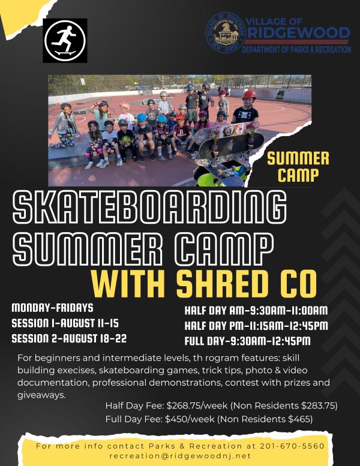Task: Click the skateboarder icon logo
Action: click(65, 41)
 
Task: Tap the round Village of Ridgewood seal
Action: click(226, 33)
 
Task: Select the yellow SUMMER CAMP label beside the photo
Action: click(298, 167)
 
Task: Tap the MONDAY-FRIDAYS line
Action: click(52, 308)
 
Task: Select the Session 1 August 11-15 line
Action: click(65, 323)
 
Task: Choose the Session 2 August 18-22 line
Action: click(69, 338)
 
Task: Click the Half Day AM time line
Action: click(256, 311)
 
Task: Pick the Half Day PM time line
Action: click(256, 326)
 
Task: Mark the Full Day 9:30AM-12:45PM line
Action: click(247, 341)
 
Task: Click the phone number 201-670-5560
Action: click(292, 446)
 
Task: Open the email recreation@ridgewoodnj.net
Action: click(180, 456)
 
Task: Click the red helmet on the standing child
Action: click(249, 95)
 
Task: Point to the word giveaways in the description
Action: click(41, 396)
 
